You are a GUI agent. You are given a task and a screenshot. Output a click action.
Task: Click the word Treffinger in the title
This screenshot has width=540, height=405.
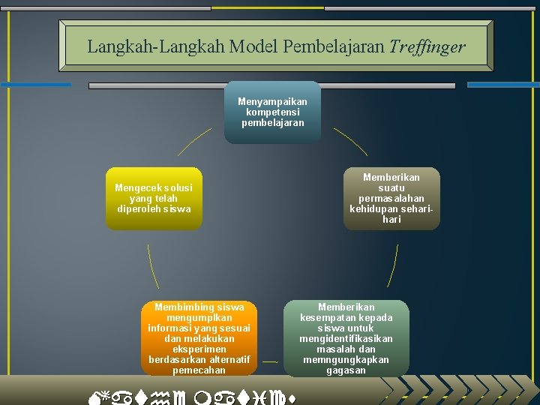click(427, 47)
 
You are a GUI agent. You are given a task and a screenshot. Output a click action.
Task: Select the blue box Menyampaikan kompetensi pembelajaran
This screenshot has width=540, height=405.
click(272, 112)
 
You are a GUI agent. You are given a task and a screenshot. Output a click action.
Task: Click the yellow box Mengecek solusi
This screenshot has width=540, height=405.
click(154, 198)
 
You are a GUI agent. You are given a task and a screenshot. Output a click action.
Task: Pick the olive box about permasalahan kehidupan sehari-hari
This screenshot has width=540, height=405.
click(391, 198)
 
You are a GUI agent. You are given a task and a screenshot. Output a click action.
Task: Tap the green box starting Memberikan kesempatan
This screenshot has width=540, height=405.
click(346, 337)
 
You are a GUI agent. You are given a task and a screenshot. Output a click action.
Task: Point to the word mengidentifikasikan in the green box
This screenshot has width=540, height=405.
click(346, 338)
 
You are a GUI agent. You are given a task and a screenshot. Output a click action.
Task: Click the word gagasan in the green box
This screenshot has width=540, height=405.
click(346, 370)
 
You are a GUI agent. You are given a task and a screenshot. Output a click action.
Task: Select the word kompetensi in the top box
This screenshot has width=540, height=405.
click(272, 111)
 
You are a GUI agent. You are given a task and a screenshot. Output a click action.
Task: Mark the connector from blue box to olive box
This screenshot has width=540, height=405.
click(351, 141)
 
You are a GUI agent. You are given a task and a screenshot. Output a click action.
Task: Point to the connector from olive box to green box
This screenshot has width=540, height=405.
click(391, 265)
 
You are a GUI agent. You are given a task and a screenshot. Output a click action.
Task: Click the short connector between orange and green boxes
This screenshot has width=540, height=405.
click(270, 362)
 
